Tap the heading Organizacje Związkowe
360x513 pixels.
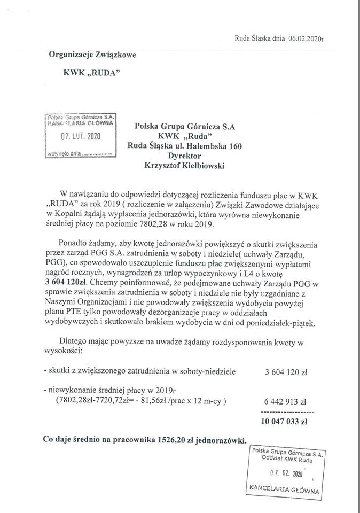click(x=93, y=54)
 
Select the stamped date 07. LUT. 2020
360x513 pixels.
click(x=80, y=136)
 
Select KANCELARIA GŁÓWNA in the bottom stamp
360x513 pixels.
click(x=284, y=489)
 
